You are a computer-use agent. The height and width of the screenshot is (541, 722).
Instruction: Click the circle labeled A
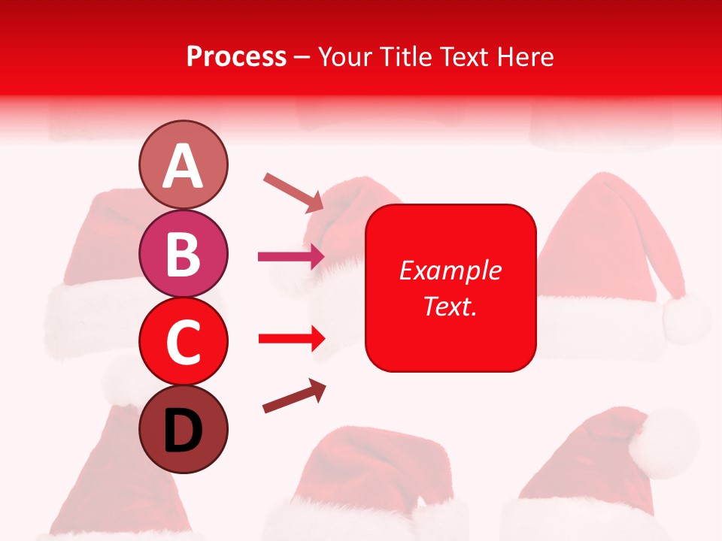(x=183, y=165)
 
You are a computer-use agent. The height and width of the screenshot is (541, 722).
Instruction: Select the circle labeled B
(x=183, y=252)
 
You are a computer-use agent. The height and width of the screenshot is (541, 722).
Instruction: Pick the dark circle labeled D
(x=183, y=429)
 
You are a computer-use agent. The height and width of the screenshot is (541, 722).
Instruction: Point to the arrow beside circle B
(x=291, y=257)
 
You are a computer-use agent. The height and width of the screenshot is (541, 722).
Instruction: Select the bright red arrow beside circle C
(x=291, y=339)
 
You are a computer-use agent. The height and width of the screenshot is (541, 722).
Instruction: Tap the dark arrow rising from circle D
(x=294, y=396)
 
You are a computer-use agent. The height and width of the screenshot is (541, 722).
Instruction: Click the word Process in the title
(x=236, y=56)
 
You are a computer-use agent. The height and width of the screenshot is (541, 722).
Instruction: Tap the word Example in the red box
(x=450, y=270)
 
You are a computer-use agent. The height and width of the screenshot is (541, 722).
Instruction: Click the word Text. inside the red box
(x=450, y=306)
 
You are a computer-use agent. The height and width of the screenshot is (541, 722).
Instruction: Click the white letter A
(x=183, y=166)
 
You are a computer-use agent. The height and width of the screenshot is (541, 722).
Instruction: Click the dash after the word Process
(x=302, y=57)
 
